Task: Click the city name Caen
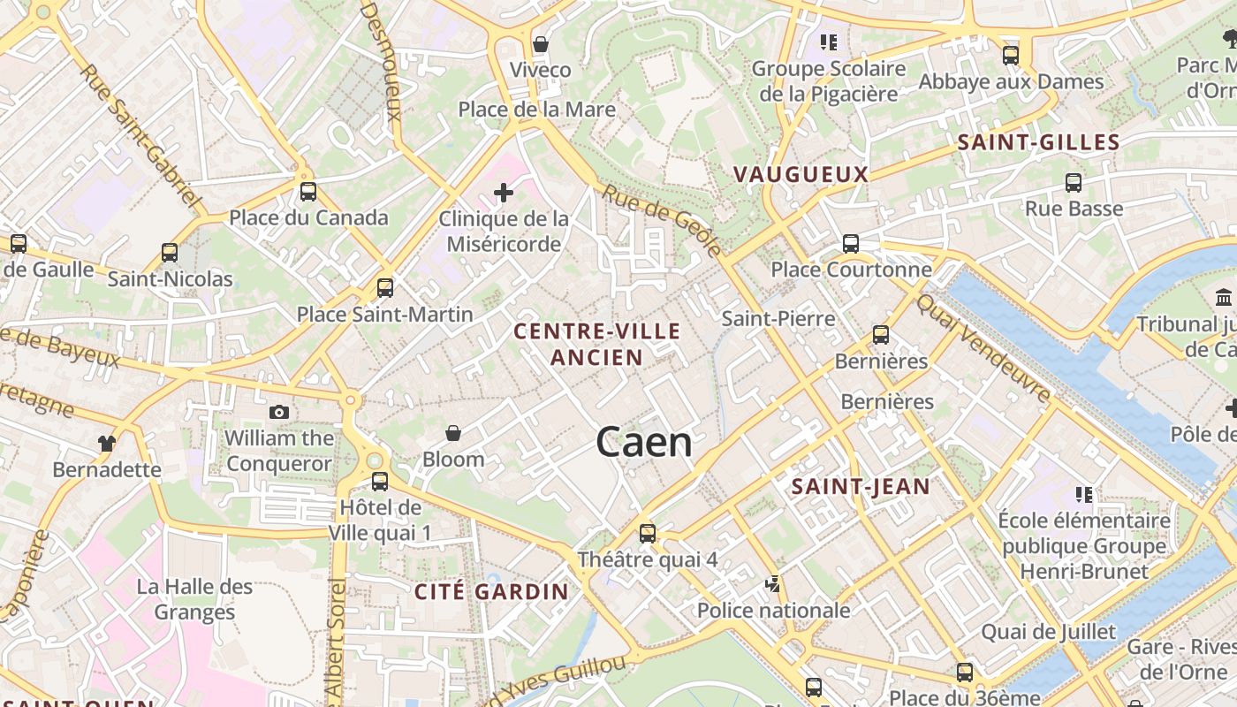(x=644, y=442)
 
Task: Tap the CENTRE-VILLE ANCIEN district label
(x=597, y=345)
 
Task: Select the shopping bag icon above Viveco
(x=541, y=44)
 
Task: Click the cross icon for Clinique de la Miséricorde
(x=504, y=192)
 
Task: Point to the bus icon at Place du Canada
(x=308, y=192)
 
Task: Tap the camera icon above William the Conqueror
(x=279, y=412)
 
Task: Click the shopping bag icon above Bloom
(x=453, y=433)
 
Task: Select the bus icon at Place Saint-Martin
(x=384, y=287)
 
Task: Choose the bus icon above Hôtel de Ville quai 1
(x=380, y=482)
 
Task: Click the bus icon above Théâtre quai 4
(x=648, y=533)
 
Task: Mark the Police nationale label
(x=773, y=610)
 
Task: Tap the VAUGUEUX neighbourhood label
(x=801, y=174)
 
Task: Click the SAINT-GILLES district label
(x=1038, y=142)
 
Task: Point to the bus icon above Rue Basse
(x=1074, y=183)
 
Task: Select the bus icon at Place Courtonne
(x=851, y=244)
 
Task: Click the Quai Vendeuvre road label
(x=983, y=346)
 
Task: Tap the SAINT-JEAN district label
(x=861, y=486)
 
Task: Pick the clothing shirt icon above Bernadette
(x=107, y=443)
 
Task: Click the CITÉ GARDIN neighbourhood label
(x=492, y=591)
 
